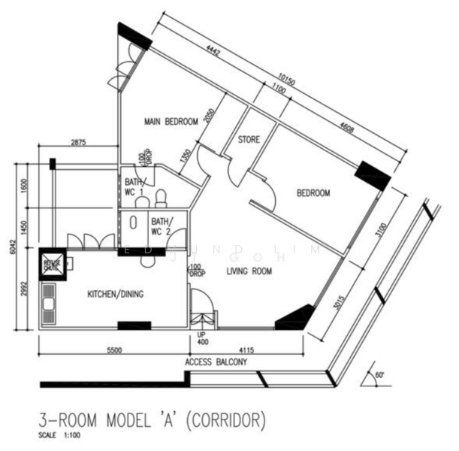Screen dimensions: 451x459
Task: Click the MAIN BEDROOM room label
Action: tap(171, 122)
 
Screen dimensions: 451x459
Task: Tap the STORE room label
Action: tap(249, 141)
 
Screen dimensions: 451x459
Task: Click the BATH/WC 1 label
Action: tap(134, 187)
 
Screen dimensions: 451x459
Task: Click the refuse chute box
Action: tap(52, 264)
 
